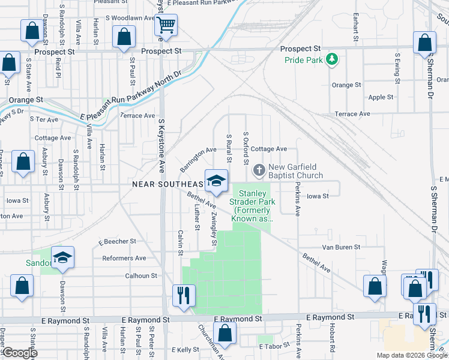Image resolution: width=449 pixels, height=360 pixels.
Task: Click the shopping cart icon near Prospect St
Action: pyautogui.click(x=166, y=25)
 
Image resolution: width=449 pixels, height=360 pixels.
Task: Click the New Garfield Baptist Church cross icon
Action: pyautogui.click(x=259, y=170)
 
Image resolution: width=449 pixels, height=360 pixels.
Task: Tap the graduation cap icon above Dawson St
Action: pyautogui.click(x=62, y=257)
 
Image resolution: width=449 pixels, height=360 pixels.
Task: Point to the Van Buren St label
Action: pyautogui.click(x=340, y=247)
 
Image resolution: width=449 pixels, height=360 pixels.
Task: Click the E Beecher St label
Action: pyautogui.click(x=118, y=241)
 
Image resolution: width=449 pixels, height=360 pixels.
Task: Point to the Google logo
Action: pyautogui.click(x=19, y=353)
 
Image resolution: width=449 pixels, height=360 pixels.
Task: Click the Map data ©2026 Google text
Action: pyautogui.click(x=412, y=355)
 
